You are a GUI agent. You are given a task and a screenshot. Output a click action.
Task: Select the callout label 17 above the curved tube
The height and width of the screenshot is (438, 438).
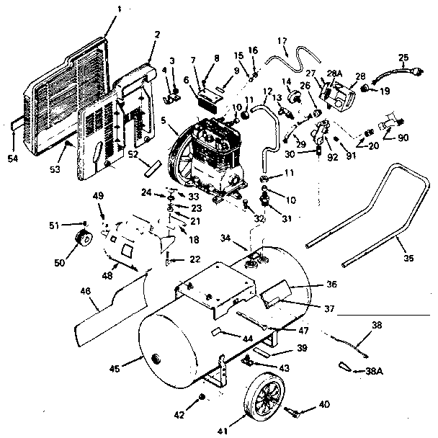coord(282,42)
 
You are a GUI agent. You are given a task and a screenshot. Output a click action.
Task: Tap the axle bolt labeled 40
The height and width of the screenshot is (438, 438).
coord(295,414)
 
